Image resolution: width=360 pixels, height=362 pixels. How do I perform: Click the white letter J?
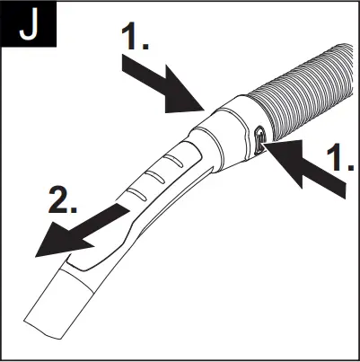coord(31,27)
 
